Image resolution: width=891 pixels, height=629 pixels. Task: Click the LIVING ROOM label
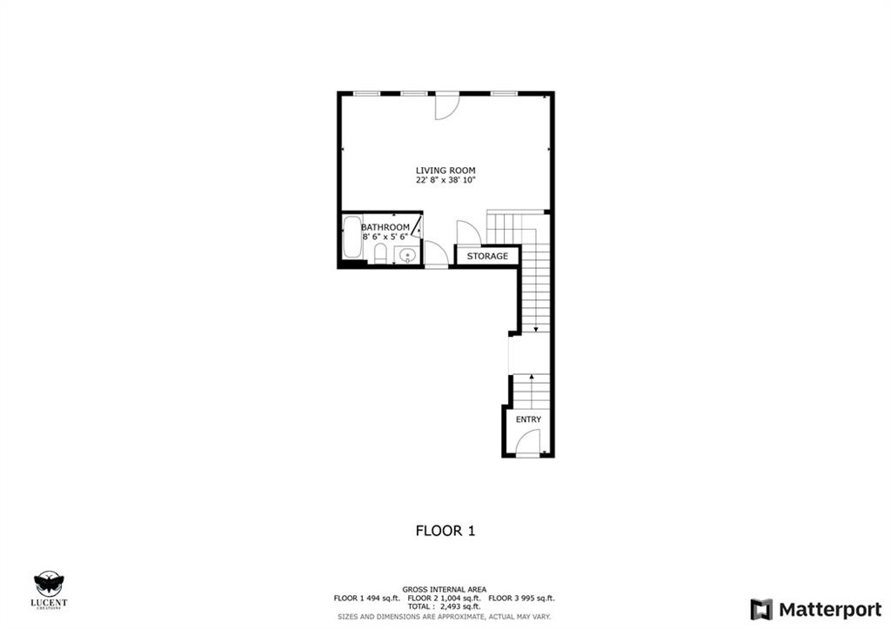click(x=445, y=171)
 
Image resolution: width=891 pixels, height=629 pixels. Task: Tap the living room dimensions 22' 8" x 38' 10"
click(x=445, y=180)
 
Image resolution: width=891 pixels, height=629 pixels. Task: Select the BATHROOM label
click(x=385, y=227)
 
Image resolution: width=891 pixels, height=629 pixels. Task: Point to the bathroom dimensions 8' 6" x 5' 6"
click(x=385, y=237)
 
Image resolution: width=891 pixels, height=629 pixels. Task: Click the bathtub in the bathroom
click(x=353, y=238)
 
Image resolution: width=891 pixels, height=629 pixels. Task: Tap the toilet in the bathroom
click(x=381, y=254)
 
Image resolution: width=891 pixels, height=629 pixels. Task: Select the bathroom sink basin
click(x=407, y=257)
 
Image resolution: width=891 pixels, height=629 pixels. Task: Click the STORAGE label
click(x=487, y=257)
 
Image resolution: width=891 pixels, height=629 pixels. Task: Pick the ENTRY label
click(x=528, y=419)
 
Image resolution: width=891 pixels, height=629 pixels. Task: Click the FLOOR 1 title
click(x=445, y=531)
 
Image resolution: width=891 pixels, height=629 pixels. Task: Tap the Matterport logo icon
click(x=761, y=610)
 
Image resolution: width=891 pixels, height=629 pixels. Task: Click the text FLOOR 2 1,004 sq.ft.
click(x=445, y=599)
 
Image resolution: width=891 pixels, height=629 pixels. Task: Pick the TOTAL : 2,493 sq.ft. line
click(x=445, y=607)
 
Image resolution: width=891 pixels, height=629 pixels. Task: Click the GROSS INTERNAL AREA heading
click(x=445, y=590)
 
